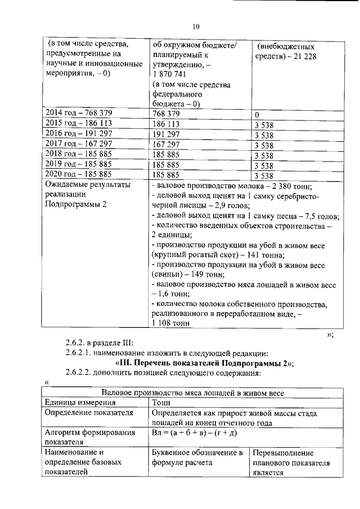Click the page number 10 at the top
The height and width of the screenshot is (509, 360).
coord(196,26)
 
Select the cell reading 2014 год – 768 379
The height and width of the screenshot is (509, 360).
coord(79,114)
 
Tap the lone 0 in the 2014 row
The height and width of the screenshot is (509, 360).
coord(256,115)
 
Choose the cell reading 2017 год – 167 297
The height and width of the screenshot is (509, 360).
coord(79,144)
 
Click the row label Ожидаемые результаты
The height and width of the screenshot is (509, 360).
coord(87,184)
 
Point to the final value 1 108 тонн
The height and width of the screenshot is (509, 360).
coord(172,324)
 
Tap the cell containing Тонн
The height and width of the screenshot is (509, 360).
coord(163,403)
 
